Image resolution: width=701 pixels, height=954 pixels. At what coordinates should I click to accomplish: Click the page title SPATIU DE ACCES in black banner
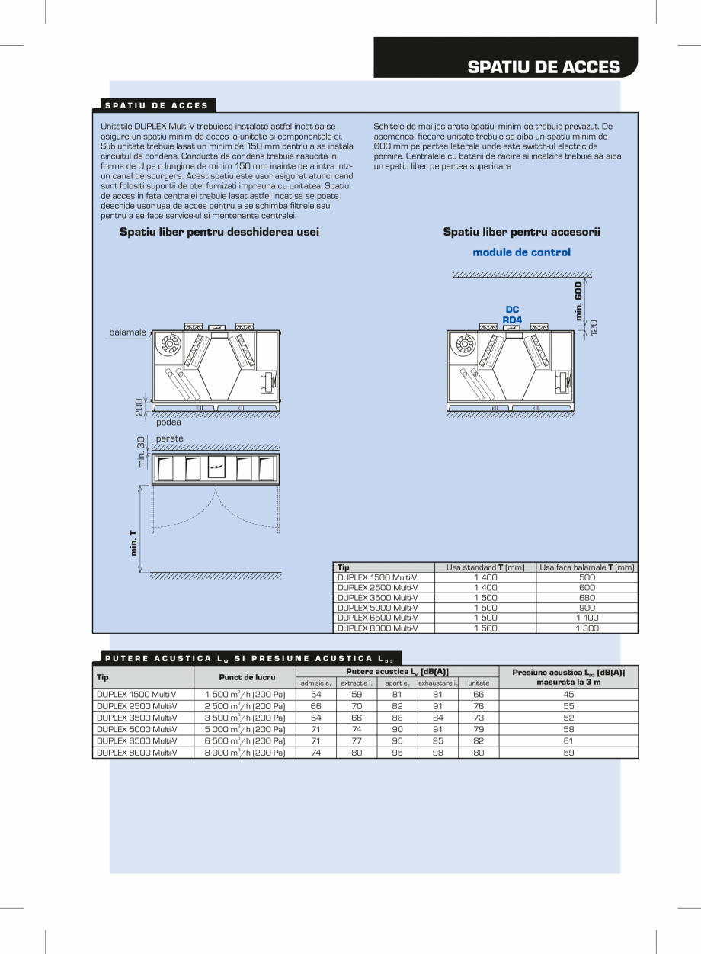tap(543, 66)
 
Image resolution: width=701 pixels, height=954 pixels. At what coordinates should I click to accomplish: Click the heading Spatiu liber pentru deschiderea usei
tap(219, 232)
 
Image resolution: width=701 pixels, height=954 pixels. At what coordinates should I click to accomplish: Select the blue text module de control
tap(521, 252)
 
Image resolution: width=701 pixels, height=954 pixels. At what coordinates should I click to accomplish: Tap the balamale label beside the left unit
tap(128, 332)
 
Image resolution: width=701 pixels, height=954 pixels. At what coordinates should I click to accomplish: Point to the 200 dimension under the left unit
tap(140, 407)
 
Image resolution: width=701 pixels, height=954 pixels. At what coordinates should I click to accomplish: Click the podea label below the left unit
tap(168, 422)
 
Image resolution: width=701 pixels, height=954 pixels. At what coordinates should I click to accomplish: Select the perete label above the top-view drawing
tap(169, 438)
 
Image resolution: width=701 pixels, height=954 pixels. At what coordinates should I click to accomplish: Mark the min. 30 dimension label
tap(141, 452)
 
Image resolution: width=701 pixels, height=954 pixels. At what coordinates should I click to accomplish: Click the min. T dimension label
tap(134, 543)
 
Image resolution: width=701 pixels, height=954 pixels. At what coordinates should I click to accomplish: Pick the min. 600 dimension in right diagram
tap(578, 301)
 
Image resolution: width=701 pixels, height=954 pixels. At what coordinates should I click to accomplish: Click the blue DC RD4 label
tap(512, 314)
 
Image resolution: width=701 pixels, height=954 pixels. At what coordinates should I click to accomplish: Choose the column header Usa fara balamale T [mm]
tap(587, 567)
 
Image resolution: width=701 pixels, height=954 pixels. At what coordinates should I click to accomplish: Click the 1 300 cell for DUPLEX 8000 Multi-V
tap(587, 628)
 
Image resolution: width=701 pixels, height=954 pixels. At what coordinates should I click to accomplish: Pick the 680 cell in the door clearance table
tap(587, 598)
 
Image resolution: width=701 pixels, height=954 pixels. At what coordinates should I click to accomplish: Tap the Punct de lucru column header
tap(245, 676)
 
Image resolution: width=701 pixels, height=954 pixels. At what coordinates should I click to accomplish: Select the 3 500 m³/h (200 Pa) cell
tap(245, 718)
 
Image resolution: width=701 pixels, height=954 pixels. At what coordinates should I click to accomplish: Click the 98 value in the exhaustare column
tap(437, 753)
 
